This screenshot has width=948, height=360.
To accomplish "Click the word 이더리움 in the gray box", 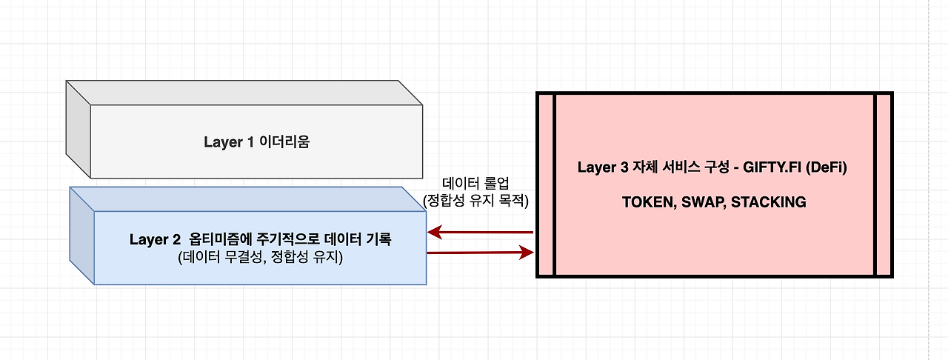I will click(x=284, y=142).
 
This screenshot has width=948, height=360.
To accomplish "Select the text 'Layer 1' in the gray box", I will click(x=227, y=142).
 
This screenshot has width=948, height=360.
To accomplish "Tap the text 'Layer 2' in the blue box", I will click(x=155, y=239).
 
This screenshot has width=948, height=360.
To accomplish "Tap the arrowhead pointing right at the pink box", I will click(x=527, y=253).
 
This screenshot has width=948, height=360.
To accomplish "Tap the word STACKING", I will click(x=768, y=202).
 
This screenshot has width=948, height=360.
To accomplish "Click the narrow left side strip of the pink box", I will click(x=545, y=184).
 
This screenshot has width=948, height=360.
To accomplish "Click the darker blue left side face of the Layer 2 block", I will click(x=81, y=236).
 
